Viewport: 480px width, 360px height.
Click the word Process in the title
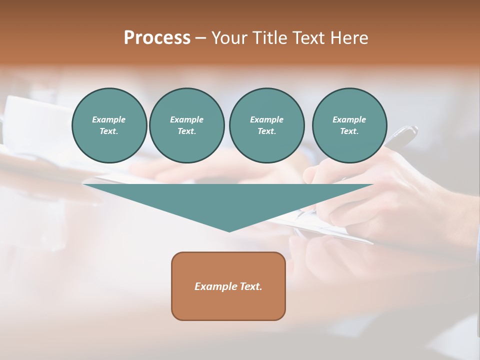pyautogui.click(x=157, y=38)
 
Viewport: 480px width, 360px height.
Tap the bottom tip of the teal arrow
pyautogui.click(x=229, y=230)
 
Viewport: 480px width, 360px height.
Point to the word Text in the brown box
pyautogui.click(x=251, y=286)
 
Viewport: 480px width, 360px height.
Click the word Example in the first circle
pyautogui.click(x=109, y=119)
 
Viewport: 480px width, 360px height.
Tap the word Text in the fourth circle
pyautogui.click(x=349, y=131)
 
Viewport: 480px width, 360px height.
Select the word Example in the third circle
pyautogui.click(x=266, y=119)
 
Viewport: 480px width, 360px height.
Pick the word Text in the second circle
pyautogui.click(x=186, y=131)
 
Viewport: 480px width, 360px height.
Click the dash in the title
pyautogui.click(x=201, y=38)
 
